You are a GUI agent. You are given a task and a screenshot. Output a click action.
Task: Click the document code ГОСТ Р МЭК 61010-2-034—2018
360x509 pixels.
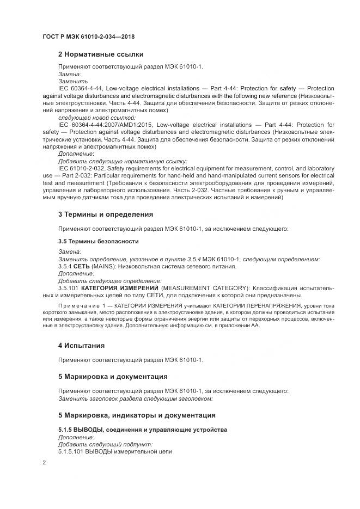click(89, 36)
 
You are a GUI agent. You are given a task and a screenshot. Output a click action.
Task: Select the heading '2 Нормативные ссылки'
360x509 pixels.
click(101, 54)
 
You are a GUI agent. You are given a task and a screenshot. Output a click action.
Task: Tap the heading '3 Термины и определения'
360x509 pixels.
click(105, 214)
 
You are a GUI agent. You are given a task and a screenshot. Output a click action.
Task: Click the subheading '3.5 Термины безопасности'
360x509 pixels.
click(99, 241)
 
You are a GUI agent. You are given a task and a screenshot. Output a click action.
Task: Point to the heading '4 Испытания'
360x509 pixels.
click(81, 346)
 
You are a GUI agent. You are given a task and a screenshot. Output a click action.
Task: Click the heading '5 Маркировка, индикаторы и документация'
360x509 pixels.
click(137, 415)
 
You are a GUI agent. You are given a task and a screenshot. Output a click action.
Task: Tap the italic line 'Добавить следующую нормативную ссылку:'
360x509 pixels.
click(123, 161)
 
